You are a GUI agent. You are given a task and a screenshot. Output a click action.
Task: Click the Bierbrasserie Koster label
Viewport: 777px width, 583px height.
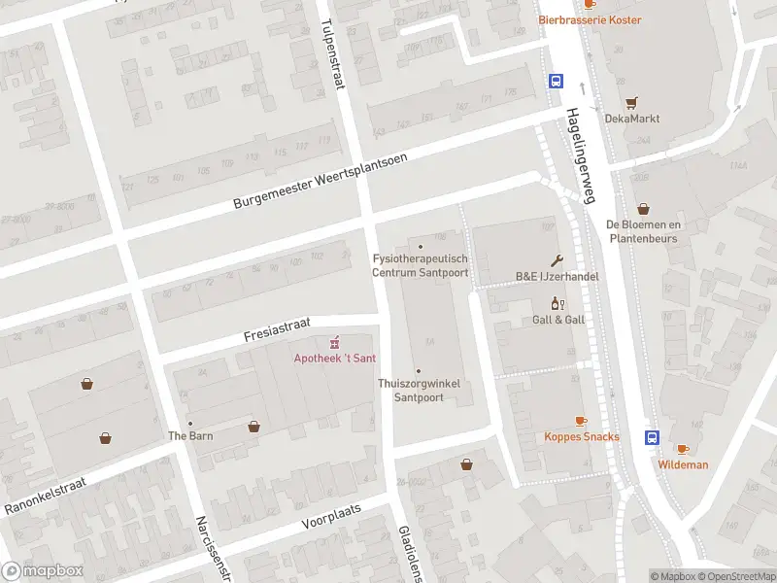click(x=590, y=19)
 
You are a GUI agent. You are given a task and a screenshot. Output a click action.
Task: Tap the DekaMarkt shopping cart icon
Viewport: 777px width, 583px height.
click(x=632, y=102)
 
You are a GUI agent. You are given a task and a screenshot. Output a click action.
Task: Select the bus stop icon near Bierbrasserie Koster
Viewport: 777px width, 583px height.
click(x=557, y=82)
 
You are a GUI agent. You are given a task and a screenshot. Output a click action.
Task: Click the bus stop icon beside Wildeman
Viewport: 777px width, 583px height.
click(x=651, y=437)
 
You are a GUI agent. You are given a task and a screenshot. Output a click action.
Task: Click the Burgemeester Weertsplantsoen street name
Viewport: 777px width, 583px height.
click(x=320, y=181)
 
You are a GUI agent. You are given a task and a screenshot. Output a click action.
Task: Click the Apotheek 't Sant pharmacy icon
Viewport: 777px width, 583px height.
click(x=335, y=342)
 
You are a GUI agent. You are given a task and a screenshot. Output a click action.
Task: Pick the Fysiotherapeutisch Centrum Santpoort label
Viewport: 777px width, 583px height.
click(x=421, y=265)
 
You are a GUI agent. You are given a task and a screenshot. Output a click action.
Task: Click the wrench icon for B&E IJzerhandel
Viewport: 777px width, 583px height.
click(x=557, y=259)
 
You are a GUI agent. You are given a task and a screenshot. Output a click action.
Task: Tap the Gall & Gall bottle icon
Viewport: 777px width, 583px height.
click(x=557, y=303)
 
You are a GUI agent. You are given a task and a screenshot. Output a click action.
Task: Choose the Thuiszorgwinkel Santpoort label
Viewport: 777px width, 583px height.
click(x=419, y=391)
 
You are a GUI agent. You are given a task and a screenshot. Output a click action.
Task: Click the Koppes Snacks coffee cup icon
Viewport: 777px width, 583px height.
click(x=581, y=421)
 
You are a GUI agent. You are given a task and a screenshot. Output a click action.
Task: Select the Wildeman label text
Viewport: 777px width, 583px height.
click(x=683, y=464)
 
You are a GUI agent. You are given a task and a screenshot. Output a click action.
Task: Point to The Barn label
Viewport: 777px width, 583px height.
click(x=189, y=435)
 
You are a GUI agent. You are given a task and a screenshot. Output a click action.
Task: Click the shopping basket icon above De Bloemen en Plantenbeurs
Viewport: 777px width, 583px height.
click(x=643, y=209)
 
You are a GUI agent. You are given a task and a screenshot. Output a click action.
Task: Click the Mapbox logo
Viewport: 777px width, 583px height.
click(x=42, y=571)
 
